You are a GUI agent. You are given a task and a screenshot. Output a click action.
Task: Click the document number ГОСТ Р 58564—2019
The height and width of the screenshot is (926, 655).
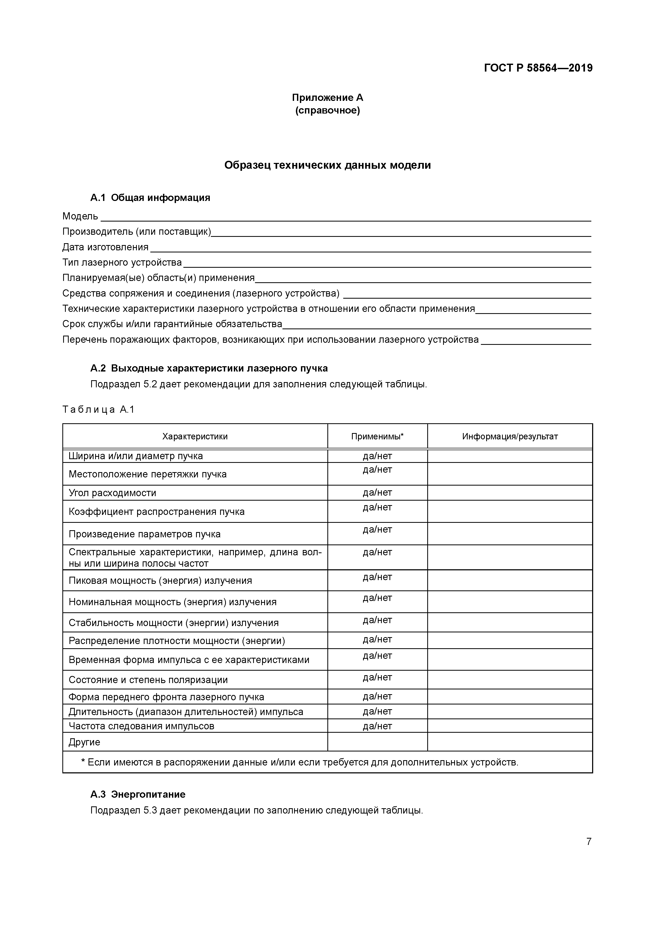tap(538, 68)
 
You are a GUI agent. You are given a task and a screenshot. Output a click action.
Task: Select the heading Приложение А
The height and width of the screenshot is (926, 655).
tap(327, 98)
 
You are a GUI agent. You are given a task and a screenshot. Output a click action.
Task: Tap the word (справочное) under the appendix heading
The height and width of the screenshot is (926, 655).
tap(327, 110)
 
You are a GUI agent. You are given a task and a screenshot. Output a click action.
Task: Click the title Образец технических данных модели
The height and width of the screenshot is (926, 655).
tap(327, 165)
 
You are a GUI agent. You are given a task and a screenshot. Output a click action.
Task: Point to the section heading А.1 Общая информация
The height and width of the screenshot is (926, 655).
tap(150, 198)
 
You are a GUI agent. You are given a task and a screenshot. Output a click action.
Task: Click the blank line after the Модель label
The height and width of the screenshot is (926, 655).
tap(345, 218)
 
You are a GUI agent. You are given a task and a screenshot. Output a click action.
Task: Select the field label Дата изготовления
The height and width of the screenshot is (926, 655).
tap(105, 247)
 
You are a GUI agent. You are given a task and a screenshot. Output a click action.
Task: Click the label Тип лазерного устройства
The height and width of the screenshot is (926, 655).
tap(122, 262)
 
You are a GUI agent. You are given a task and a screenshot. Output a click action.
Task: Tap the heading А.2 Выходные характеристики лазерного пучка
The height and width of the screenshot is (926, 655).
tap(209, 368)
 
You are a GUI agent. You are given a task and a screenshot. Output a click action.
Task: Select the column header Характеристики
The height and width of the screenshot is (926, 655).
tap(195, 436)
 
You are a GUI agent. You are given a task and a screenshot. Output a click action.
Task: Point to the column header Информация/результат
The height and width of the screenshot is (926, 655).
tap(510, 436)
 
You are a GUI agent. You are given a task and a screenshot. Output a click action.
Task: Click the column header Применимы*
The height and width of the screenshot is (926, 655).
tap(377, 436)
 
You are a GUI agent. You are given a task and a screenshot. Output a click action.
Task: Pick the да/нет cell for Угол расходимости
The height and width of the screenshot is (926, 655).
tap(377, 492)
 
